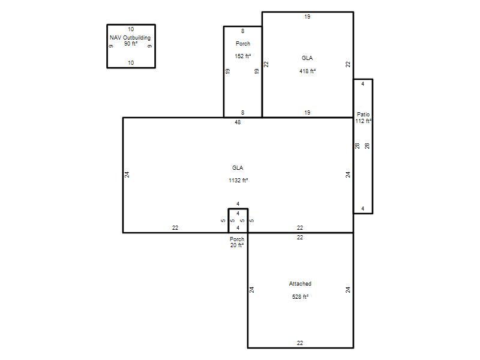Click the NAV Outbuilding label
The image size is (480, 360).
(x=130, y=38)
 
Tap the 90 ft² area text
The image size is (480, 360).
(x=131, y=44)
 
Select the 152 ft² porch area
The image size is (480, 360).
(x=243, y=56)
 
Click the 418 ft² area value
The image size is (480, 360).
(x=307, y=71)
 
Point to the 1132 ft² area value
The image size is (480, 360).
(x=238, y=181)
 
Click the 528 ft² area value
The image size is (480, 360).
(x=300, y=296)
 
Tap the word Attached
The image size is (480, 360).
(x=300, y=284)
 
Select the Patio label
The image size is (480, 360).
(x=363, y=114)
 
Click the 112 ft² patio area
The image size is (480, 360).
(x=364, y=121)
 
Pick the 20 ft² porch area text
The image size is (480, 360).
(x=237, y=245)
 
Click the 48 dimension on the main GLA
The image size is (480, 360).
(x=238, y=122)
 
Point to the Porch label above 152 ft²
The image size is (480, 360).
(x=243, y=43)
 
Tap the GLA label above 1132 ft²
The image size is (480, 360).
(x=238, y=168)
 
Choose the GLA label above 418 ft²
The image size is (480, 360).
(x=307, y=58)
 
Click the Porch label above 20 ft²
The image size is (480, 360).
(x=237, y=239)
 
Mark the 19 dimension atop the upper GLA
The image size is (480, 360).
(x=307, y=17)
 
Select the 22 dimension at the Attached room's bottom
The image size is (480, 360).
(x=300, y=343)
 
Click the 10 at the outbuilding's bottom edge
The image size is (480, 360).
(x=131, y=63)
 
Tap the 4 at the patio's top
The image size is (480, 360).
(x=363, y=84)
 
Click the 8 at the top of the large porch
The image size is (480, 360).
(x=243, y=31)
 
